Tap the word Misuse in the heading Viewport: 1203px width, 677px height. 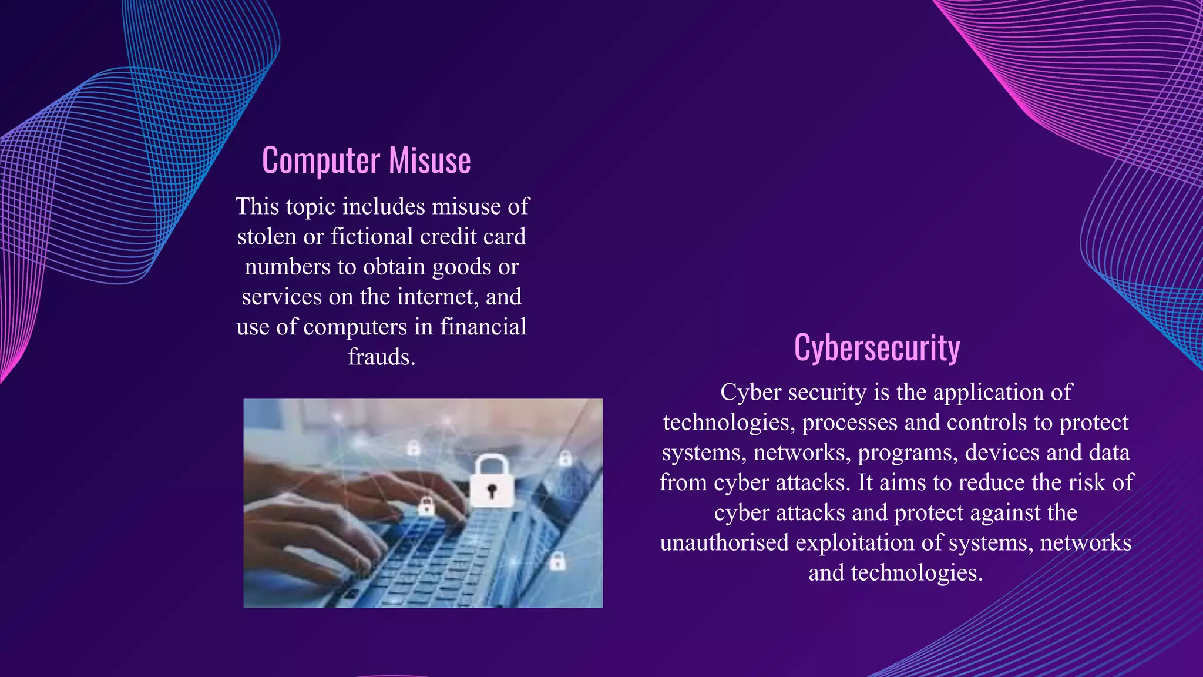pos(429,161)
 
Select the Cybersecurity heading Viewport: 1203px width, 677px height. pos(877,347)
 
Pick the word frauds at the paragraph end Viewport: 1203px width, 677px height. pos(381,357)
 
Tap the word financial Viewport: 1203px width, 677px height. pos(483,327)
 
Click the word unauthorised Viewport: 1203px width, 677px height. pos(724,542)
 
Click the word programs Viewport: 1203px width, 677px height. pos(907,453)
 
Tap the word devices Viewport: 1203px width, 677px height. pos(1002,453)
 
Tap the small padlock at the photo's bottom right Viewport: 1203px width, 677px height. pos(557,561)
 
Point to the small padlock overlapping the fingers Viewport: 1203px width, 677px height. pos(426,505)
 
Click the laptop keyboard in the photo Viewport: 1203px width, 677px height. pos(435,558)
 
